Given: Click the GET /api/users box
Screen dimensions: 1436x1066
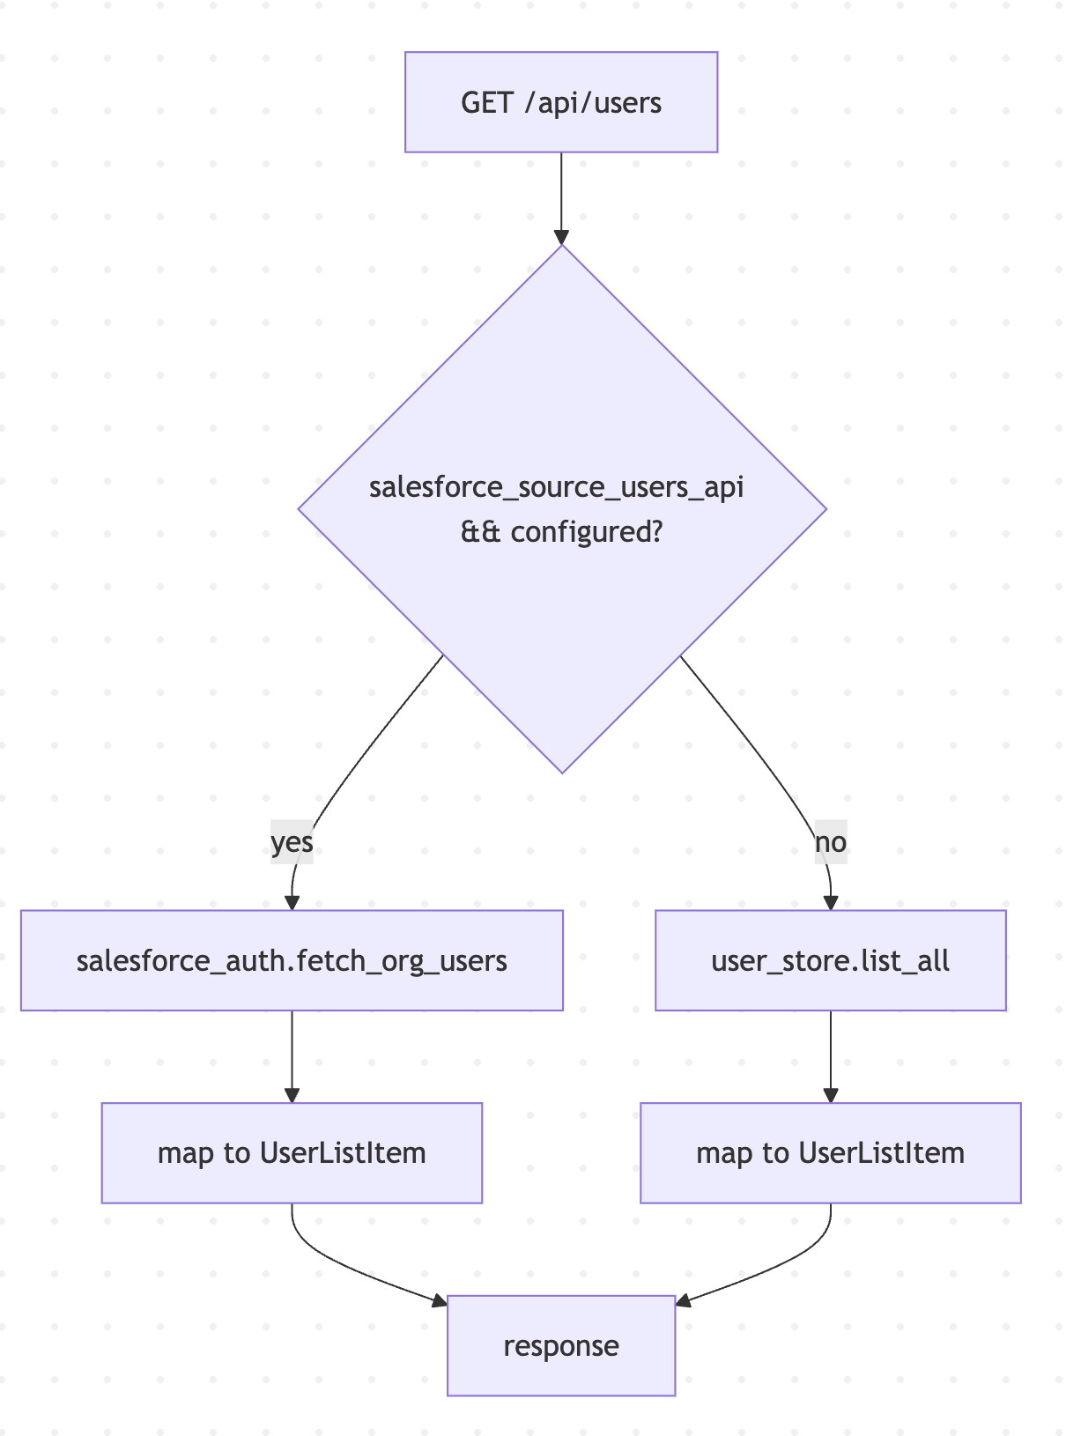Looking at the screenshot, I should (x=561, y=102).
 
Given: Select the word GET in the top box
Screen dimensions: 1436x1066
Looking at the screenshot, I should (x=486, y=103).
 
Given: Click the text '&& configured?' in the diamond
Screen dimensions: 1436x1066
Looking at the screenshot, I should (x=561, y=532).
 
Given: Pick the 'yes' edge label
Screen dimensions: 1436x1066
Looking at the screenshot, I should (x=292, y=842).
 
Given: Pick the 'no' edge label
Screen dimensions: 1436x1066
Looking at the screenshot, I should (x=830, y=842).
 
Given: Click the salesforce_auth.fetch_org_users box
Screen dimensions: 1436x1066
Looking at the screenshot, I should (x=292, y=959).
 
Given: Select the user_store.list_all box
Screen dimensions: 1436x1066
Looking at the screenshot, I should (x=830, y=959).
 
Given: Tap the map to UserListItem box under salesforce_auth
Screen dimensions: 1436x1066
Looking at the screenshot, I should (x=292, y=1152).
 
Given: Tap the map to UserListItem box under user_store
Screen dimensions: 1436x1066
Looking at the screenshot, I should (x=830, y=1152).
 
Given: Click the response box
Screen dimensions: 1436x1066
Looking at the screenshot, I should (x=561, y=1345).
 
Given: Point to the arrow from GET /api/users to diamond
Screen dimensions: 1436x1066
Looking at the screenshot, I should (x=561, y=194).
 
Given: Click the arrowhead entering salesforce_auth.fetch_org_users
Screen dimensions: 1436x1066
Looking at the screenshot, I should (x=292, y=903).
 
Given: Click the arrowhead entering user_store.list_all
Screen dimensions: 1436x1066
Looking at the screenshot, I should (x=830, y=903).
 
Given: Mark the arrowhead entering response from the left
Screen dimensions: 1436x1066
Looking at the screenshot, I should (x=440, y=1300).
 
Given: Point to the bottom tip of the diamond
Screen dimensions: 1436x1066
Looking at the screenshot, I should (x=562, y=772).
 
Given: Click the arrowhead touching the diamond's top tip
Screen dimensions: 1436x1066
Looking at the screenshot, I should (x=561, y=238).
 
